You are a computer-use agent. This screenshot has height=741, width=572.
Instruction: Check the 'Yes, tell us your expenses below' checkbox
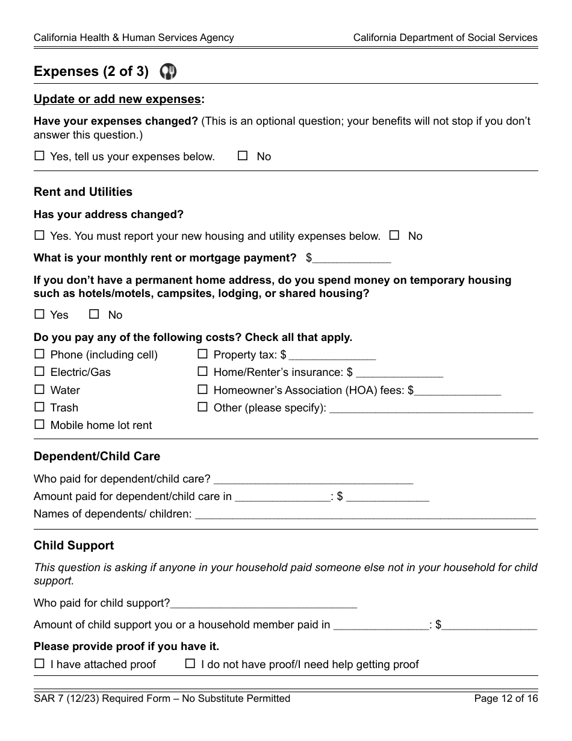pyautogui.click(x=39, y=156)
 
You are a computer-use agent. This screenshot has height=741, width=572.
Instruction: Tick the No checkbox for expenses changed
pyautogui.click(x=243, y=156)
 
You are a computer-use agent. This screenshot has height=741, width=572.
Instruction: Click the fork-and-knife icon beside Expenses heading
pyautogui.click(x=168, y=72)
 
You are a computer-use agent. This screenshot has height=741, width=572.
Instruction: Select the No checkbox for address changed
pyautogui.click(x=394, y=236)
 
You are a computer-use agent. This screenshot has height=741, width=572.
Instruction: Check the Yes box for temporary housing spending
pyautogui.click(x=39, y=314)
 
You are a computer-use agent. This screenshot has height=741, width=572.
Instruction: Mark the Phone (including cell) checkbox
pyautogui.click(x=39, y=354)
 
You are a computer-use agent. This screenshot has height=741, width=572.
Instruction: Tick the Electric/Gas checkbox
pyautogui.click(x=39, y=372)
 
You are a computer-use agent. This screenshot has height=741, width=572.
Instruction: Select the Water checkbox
pyautogui.click(x=39, y=390)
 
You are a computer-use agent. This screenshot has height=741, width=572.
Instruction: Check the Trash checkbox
pyautogui.click(x=39, y=407)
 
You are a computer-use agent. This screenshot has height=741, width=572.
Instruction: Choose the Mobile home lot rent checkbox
pyautogui.click(x=39, y=425)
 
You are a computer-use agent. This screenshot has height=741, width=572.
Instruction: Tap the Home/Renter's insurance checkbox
pyautogui.click(x=202, y=372)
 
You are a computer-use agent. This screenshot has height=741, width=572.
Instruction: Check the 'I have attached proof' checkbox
pyautogui.click(x=39, y=664)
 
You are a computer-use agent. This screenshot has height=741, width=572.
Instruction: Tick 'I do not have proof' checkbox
pyautogui.click(x=190, y=664)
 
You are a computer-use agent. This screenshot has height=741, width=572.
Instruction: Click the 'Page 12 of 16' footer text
pyautogui.click(x=506, y=699)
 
